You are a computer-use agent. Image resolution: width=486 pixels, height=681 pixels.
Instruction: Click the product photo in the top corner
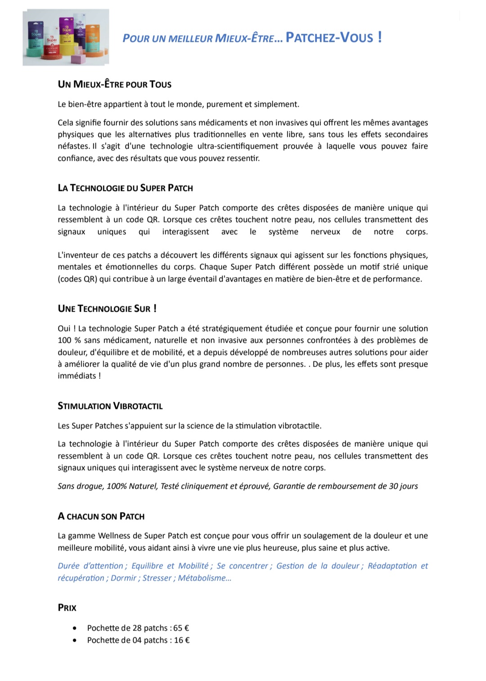(66, 37)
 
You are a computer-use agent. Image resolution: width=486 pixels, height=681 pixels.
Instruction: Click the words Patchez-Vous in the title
(333, 37)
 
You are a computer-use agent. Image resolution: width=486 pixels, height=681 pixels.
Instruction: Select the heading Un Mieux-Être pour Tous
(114, 84)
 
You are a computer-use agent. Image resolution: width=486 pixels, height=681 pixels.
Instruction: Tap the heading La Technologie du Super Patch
(125, 188)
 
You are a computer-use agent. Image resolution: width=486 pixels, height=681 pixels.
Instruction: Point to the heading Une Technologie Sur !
(107, 309)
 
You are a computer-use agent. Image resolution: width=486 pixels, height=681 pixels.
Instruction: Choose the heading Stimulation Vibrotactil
(110, 406)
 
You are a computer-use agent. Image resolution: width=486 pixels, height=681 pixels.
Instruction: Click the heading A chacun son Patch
(101, 516)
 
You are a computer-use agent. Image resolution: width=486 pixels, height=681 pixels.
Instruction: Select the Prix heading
(67, 608)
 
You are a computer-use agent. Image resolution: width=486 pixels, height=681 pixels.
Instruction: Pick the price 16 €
(182, 640)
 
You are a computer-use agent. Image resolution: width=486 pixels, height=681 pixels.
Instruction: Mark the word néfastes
(73, 146)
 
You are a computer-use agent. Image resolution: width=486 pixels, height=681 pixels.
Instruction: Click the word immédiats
(76, 376)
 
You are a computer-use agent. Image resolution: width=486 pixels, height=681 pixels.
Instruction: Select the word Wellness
(114, 536)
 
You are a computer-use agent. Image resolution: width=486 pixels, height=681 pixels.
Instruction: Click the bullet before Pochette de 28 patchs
(74, 628)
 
